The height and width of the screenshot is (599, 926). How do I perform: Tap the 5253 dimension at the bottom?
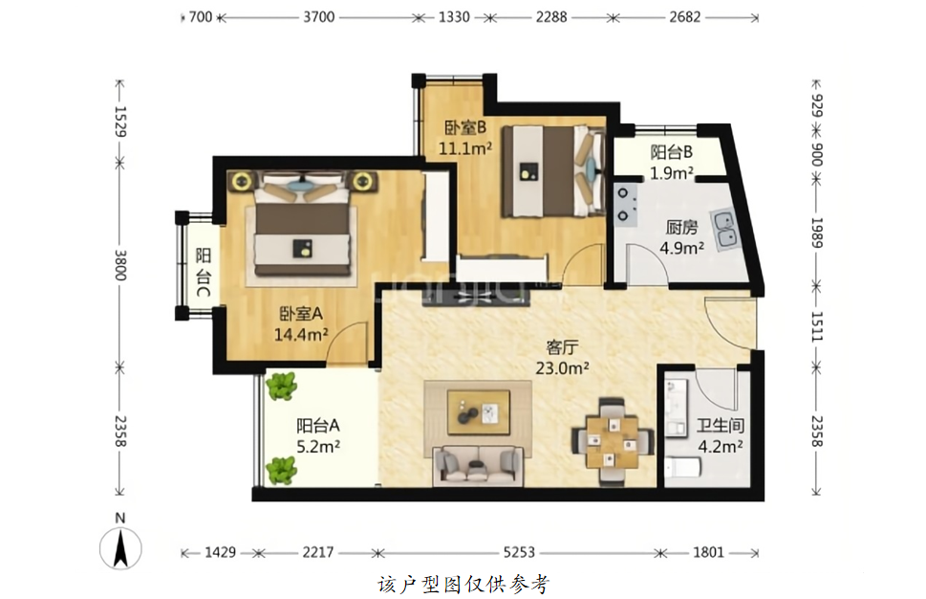[519, 553]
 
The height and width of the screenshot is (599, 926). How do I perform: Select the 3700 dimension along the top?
[319, 17]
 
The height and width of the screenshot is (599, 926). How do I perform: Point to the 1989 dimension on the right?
[817, 233]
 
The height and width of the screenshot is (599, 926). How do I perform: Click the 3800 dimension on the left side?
[119, 265]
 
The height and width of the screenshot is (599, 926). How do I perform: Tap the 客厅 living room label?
[562, 346]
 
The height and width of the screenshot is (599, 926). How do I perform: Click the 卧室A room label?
[301, 314]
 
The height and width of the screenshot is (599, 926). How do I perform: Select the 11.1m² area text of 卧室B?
[465, 147]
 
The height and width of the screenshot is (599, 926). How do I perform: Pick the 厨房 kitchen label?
[682, 227]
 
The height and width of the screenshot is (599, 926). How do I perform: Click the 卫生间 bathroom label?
[720, 425]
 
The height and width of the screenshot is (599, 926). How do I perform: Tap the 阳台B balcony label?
[672, 152]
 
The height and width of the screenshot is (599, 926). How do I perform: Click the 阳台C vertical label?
[204, 272]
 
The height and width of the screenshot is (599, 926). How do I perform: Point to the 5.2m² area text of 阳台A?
[317, 447]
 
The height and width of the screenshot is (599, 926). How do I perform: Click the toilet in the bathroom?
[683, 468]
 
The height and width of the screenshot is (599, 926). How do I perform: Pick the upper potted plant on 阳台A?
[281, 387]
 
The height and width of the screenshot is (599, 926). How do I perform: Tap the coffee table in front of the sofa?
[479, 412]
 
